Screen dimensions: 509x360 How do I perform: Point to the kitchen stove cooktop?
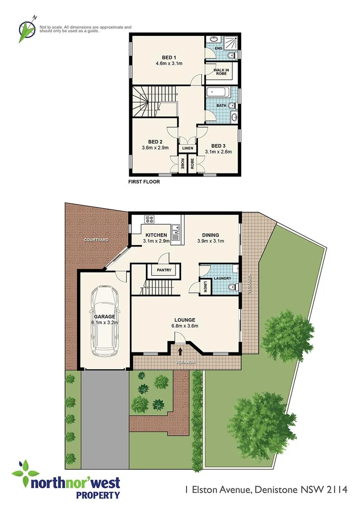click(149, 219)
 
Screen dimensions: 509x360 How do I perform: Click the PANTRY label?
click(164, 270)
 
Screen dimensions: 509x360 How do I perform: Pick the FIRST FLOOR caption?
click(144, 182)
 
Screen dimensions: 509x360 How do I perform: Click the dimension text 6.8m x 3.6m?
click(184, 326)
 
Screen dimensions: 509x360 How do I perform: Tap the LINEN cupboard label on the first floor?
click(187, 148)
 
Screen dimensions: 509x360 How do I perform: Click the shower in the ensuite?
click(230, 43)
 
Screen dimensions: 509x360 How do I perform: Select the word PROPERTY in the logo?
click(97, 495)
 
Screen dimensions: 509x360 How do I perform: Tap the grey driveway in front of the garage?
click(105, 418)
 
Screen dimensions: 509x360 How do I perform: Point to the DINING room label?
click(210, 235)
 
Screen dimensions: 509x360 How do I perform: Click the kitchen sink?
click(175, 231)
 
